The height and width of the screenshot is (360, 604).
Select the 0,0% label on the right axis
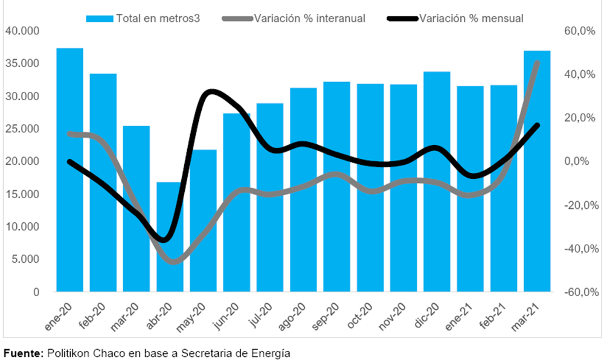[582, 162]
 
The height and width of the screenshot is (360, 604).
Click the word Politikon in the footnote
[66, 352]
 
